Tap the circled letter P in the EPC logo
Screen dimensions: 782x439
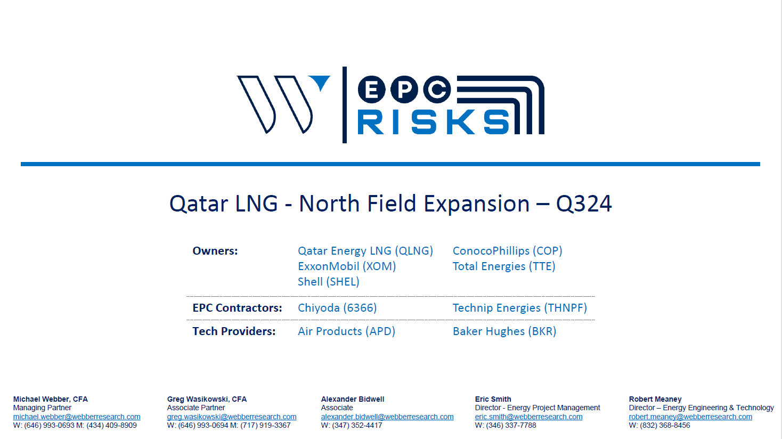pos(404,90)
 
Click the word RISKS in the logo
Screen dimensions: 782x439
pos(434,122)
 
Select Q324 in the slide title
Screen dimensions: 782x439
pos(584,204)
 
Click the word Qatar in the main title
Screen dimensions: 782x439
pos(199,204)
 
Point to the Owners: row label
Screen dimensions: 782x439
pos(215,251)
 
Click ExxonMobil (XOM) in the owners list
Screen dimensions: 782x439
pos(347,266)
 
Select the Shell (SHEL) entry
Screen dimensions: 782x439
pos(329,281)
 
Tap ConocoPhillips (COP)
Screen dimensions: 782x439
pos(508,251)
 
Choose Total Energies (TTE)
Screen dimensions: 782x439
pos(504,266)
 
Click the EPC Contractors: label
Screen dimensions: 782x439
pos(238,308)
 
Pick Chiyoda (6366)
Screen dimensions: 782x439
pos(337,308)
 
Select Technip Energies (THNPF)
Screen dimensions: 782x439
pos(520,308)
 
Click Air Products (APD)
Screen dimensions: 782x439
pos(346,331)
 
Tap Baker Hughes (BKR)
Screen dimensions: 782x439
pos(504,331)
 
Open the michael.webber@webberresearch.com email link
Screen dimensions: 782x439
pos(77,417)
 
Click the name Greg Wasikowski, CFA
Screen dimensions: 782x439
pos(207,399)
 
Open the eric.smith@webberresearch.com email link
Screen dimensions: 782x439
pos(528,417)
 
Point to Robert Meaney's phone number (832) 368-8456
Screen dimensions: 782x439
pos(665,425)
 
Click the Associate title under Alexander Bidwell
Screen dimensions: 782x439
pos(337,408)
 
